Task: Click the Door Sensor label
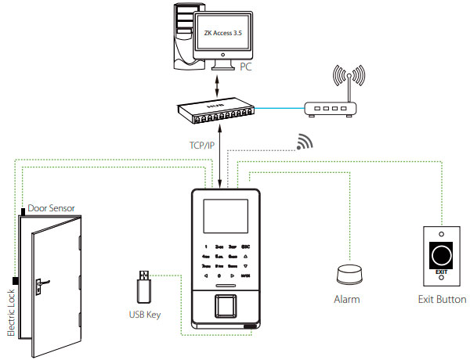[52, 209]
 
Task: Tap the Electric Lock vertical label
[10, 313]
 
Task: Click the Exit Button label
[443, 300]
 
